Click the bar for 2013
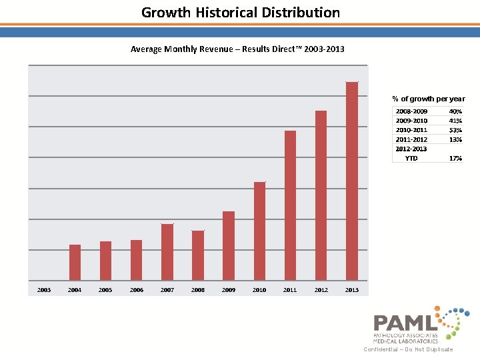point(352,181)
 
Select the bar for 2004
point(75,262)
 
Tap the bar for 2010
point(259,231)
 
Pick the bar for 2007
point(167,252)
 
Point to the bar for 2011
point(290,205)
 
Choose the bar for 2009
point(229,245)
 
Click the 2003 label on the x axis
point(44,290)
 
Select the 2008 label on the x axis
point(198,290)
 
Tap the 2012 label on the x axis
point(321,290)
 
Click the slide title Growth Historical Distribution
point(240,13)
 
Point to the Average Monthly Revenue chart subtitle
point(237,49)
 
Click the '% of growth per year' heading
point(428,99)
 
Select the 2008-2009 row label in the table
point(411,111)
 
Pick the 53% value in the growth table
point(455,130)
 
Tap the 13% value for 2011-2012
point(455,139)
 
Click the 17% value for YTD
point(455,159)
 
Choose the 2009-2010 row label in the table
point(411,121)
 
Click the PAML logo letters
point(405,323)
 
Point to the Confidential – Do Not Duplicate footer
point(408,349)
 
